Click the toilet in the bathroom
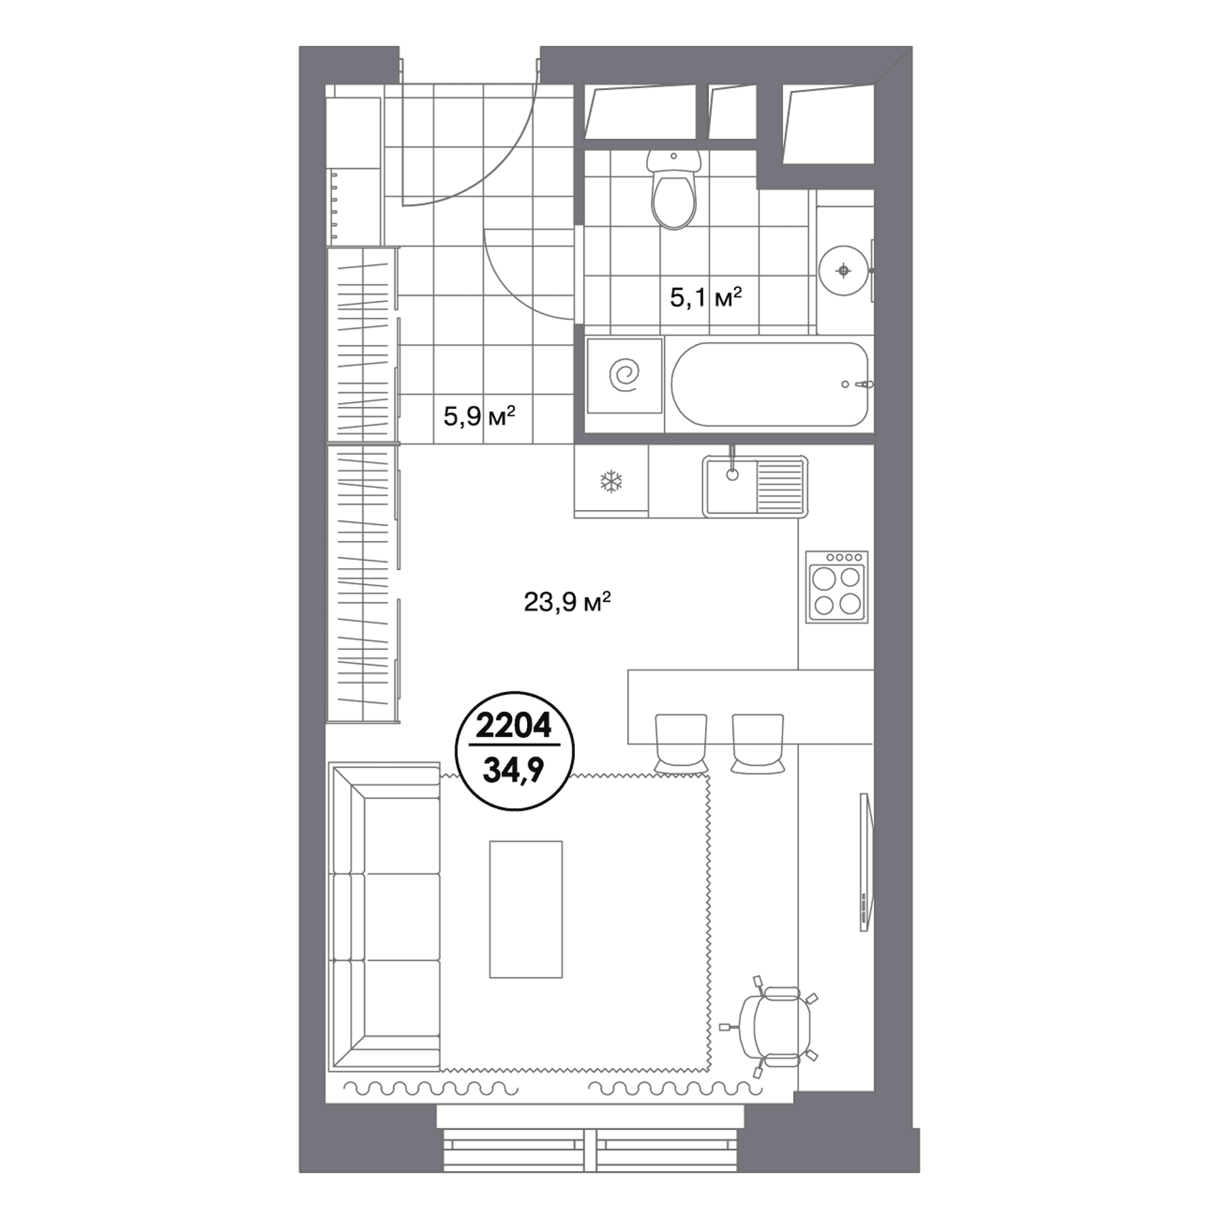coord(673,190)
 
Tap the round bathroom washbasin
coord(843,271)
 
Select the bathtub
coord(769,385)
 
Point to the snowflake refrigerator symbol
coord(612,482)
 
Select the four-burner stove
coord(836,587)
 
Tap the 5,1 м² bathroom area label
coord(706,297)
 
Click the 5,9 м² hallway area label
coord(479,416)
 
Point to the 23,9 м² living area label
coord(568,601)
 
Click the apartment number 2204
coord(514,726)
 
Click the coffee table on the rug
coord(526,910)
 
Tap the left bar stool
coord(681,743)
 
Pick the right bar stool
coord(758,743)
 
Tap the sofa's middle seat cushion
coord(402,916)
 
